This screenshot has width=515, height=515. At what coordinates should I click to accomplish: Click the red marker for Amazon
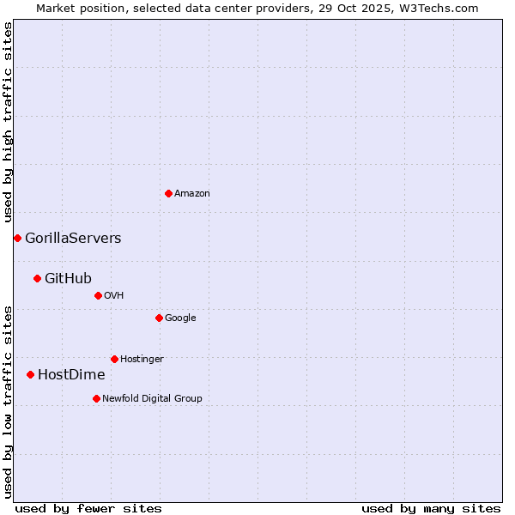click(x=168, y=193)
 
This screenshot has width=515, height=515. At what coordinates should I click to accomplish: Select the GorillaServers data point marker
click(x=17, y=238)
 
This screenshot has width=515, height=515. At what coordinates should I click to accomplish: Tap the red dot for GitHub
click(x=37, y=278)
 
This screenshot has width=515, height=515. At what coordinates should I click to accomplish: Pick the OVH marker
click(x=98, y=295)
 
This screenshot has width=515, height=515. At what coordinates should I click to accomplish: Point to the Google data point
click(x=159, y=318)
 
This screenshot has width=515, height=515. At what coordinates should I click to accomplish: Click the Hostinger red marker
click(x=114, y=359)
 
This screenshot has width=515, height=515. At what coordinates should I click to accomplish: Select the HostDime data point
click(x=30, y=374)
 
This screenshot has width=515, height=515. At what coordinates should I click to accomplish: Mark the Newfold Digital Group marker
click(x=96, y=398)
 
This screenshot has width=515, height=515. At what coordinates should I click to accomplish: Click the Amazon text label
click(x=192, y=194)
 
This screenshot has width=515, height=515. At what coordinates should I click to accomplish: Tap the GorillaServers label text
click(x=73, y=239)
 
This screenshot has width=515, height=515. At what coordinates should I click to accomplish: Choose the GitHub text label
click(x=68, y=278)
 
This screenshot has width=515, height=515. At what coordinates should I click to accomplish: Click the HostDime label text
click(x=71, y=375)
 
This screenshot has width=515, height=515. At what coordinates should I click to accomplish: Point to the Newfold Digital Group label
click(x=152, y=398)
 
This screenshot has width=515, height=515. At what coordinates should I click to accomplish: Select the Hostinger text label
click(x=142, y=359)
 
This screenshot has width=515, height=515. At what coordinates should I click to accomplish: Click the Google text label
click(x=180, y=318)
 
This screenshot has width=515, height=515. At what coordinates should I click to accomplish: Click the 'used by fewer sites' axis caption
click(x=88, y=509)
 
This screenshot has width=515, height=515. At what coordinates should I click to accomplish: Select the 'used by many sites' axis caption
click(x=431, y=509)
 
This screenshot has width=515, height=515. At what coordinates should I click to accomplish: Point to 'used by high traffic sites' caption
click(x=8, y=122)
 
